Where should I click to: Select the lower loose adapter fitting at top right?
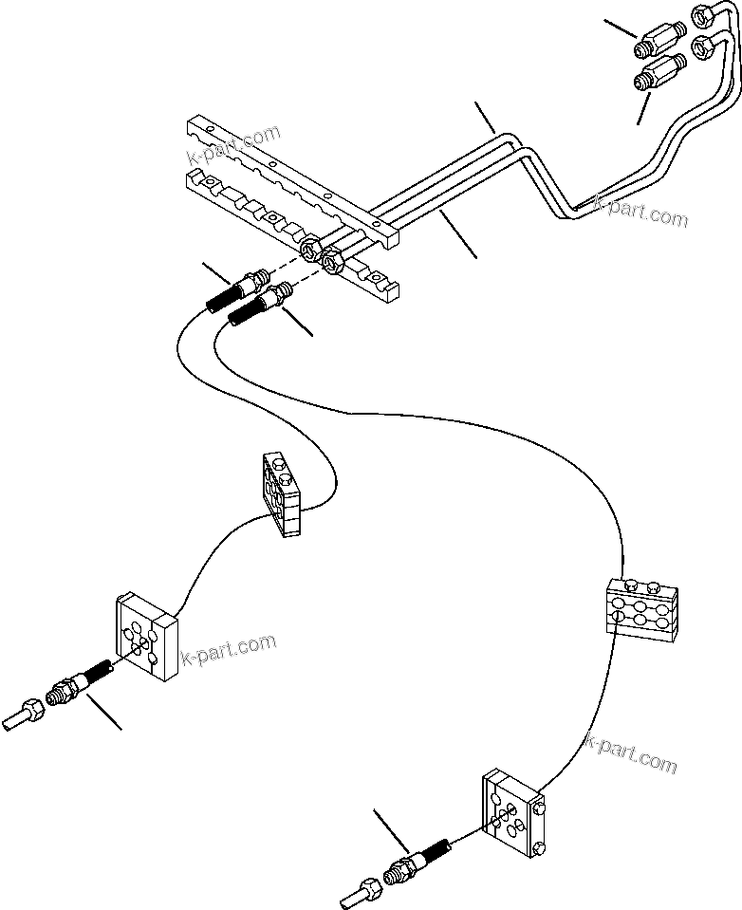pyautogui.click(x=660, y=72)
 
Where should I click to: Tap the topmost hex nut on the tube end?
pyautogui.click(x=704, y=15)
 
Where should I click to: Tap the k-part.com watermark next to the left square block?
pyautogui.click(x=229, y=651)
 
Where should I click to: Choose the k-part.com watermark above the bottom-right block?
pyautogui.click(x=630, y=754)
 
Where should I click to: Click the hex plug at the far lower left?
pyautogui.click(x=23, y=713)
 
